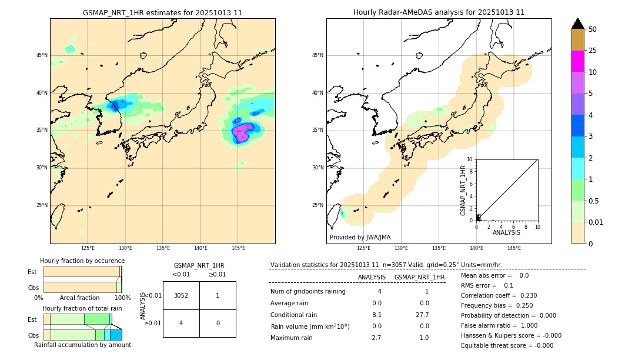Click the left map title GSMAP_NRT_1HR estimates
click(162, 12)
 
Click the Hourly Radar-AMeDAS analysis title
click(439, 12)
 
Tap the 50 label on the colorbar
click(593, 29)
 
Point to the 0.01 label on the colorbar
click(596, 222)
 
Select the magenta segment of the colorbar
click(577, 61)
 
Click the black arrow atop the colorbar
click(577, 24)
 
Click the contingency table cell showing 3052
click(181, 295)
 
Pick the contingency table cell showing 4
click(181, 323)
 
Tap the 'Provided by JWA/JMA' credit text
click(360, 237)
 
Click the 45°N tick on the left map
click(42, 55)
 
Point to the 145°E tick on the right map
click(514, 248)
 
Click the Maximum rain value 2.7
click(376, 338)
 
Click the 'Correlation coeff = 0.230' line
click(499, 295)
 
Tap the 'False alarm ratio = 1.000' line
click(499, 325)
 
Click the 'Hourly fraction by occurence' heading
click(82, 261)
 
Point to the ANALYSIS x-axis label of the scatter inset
click(506, 232)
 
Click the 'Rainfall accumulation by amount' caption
click(82, 345)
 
